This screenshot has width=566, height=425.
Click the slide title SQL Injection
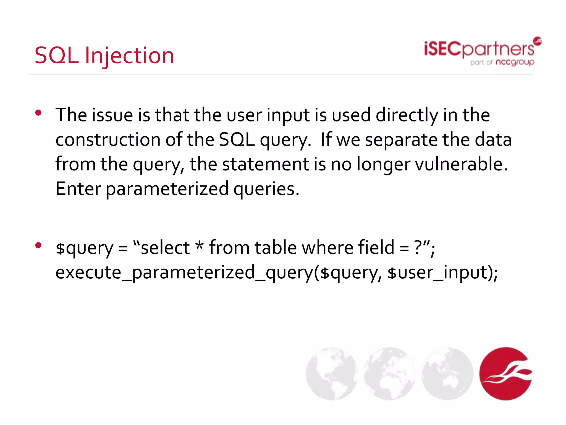[104, 56]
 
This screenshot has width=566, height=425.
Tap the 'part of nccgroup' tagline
[502, 63]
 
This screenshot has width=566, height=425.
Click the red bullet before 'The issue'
[38, 113]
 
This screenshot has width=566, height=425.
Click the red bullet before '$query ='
[38, 245]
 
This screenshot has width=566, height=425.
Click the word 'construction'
[108, 140]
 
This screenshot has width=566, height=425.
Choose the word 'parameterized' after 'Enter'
[167, 189]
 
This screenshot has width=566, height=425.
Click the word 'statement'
[265, 164]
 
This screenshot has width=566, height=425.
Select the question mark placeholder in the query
[418, 247]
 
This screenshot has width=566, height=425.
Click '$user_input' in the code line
[439, 273]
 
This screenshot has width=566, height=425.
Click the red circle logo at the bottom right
[505, 374]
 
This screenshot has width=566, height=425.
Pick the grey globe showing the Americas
[332, 374]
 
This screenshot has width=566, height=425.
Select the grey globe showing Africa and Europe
[389, 374]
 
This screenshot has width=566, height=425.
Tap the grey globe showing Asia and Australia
[447, 374]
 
